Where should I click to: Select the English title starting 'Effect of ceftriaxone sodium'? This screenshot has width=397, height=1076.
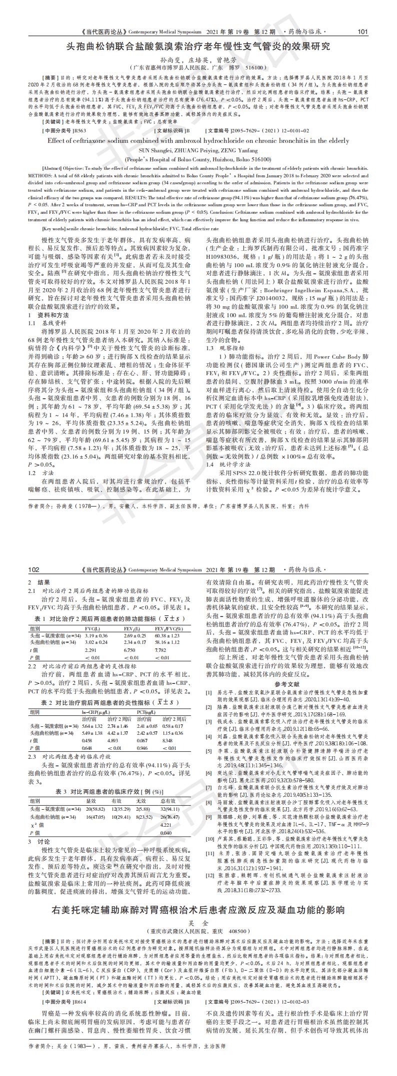[x=198, y=140]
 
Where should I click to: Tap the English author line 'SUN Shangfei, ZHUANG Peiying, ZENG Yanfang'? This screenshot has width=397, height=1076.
[x=198, y=150]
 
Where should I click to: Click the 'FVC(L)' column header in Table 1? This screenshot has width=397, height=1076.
[x=92, y=628]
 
